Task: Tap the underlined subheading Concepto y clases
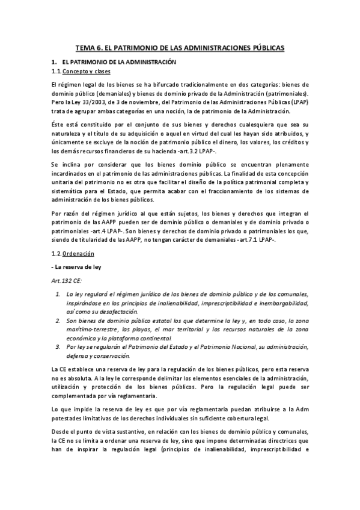pos(83,71)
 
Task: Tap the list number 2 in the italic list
pos(58,322)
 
